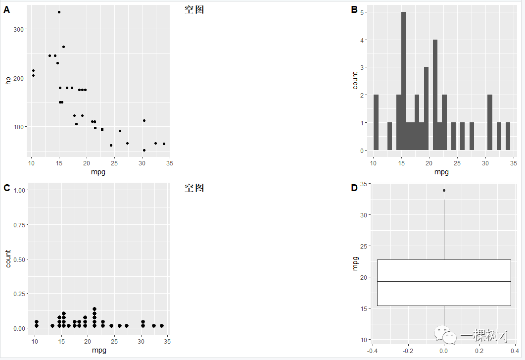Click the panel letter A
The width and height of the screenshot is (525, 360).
click(x=7, y=9)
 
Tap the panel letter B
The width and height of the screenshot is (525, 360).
click(x=354, y=9)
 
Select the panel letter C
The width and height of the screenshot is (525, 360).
click(x=7, y=188)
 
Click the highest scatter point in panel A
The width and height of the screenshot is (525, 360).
click(x=59, y=12)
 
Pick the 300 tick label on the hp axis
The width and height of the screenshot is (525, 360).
click(x=19, y=29)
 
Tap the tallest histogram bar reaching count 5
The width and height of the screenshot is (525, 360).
click(x=403, y=82)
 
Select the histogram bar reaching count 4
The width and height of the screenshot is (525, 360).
click(x=435, y=95)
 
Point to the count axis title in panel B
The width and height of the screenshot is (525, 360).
click(x=355, y=80)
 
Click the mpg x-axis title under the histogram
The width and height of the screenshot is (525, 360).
click(x=441, y=172)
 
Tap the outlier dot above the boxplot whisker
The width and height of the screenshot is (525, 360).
click(x=444, y=190)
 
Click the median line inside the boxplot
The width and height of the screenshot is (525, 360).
click(x=444, y=282)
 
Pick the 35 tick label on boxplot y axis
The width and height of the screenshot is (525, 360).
click(x=364, y=184)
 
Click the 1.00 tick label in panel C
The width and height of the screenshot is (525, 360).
click(x=19, y=190)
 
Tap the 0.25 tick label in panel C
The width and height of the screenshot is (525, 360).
click(x=19, y=294)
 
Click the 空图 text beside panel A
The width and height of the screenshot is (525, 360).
click(x=194, y=10)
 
